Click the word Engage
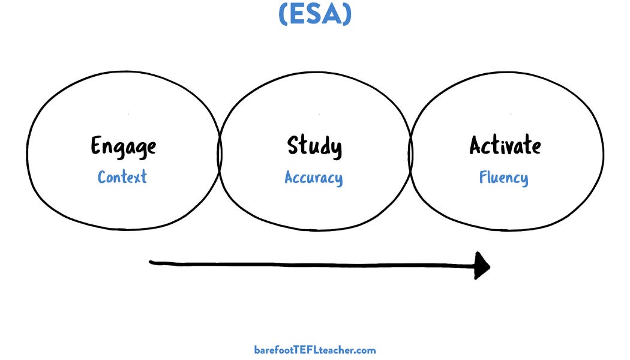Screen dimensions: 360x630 (123, 146)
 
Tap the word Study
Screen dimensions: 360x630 (314, 146)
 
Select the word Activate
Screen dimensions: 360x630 (505, 146)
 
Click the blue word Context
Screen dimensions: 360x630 (122, 177)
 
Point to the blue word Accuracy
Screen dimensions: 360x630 (314, 178)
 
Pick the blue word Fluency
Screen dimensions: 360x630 (503, 178)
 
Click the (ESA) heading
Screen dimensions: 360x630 (315, 14)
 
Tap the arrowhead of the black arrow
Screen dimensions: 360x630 (482, 265)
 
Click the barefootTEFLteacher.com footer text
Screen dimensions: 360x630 (315, 350)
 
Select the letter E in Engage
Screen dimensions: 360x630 (96, 146)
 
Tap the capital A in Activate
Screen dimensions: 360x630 (476, 145)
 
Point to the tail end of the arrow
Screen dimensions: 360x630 (152, 262)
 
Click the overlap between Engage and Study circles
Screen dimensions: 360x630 (220, 150)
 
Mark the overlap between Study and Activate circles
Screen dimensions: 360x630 (411, 150)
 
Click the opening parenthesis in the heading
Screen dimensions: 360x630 (283, 14)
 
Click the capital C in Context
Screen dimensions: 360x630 (102, 177)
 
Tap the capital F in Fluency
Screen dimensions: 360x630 (482, 178)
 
